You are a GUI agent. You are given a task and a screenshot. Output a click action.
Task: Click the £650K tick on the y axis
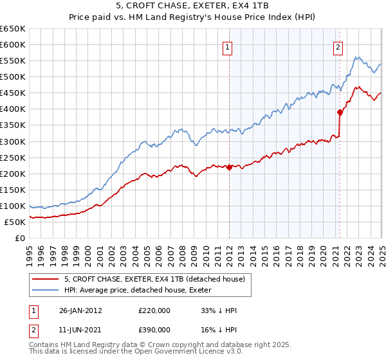pyautogui.click(x=13, y=29)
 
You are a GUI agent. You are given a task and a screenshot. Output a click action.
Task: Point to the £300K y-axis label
pyautogui.click(x=13, y=141)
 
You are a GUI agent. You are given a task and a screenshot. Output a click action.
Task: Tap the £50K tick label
pyautogui.click(x=15, y=222)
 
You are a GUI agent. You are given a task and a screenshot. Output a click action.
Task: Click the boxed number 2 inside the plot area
pyautogui.click(x=338, y=46)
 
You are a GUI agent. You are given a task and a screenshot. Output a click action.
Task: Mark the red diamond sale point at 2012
pyautogui.click(x=229, y=167)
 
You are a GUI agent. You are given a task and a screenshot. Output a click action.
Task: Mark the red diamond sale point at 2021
pyautogui.click(x=339, y=112)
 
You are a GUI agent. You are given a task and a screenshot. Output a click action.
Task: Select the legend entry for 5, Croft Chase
pyautogui.click(x=154, y=280)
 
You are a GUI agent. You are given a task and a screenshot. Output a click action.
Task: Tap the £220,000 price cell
pyautogui.click(x=154, y=310)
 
